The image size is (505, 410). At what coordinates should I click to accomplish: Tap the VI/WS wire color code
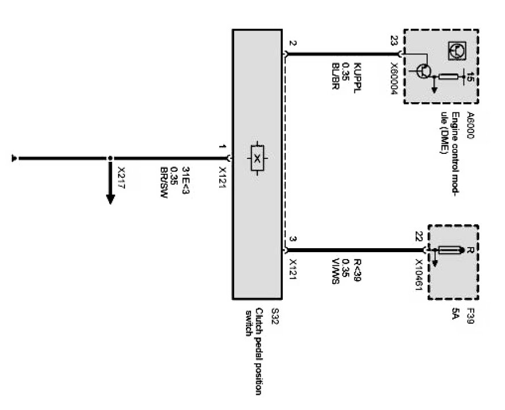pyautogui.click(x=336, y=271)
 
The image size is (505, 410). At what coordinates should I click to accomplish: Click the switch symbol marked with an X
pyautogui.click(x=257, y=158)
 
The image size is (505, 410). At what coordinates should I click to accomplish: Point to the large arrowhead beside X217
pyautogui.click(x=110, y=199)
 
